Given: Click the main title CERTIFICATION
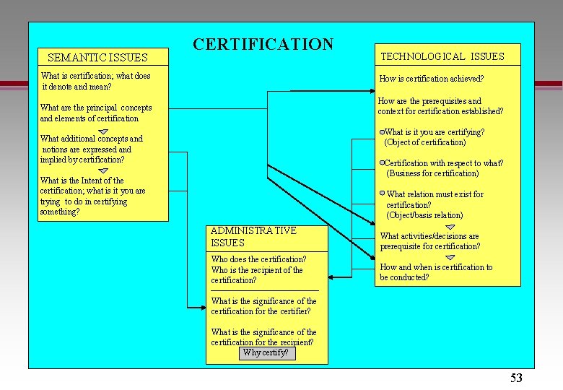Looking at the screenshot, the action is point(263,45).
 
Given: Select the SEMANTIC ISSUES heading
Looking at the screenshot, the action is point(97,58).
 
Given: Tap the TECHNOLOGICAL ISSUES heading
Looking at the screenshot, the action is point(442,56).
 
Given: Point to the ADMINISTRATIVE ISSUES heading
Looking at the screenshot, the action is point(253,237).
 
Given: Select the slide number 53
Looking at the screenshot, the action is point(516,378).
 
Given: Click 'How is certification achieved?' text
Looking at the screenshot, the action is point(432,79).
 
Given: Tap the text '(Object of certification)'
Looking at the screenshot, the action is point(425,142).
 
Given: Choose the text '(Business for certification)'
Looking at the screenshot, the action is point(432,173).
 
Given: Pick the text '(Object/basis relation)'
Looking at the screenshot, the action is point(424,215).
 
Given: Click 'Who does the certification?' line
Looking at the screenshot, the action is point(258,259).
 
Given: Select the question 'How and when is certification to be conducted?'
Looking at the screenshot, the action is point(436,272).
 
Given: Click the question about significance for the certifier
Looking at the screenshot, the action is point(263,306).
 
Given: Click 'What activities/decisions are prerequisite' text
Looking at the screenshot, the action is point(429,241).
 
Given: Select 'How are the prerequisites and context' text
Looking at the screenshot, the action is point(440,106).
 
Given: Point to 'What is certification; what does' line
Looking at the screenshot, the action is point(96,76).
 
